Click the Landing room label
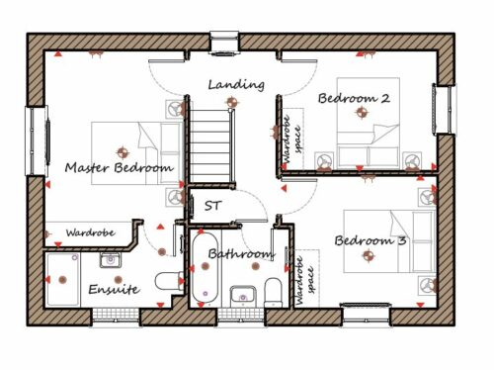point(236,85)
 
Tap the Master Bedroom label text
point(119,167)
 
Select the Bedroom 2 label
point(354,98)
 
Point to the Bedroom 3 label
point(370,240)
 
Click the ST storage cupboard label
point(212,206)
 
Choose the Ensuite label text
point(115,290)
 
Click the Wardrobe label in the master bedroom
point(91,232)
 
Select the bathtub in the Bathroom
point(205,268)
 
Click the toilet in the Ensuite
point(170,281)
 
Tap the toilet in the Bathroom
point(274,292)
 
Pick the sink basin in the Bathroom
point(243,296)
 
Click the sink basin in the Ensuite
point(111,260)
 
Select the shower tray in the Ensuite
point(62,280)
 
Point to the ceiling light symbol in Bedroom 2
point(362,113)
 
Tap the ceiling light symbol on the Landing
point(231,102)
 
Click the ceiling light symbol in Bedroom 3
point(369,255)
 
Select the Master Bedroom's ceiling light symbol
point(123,152)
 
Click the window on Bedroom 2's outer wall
point(445,110)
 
